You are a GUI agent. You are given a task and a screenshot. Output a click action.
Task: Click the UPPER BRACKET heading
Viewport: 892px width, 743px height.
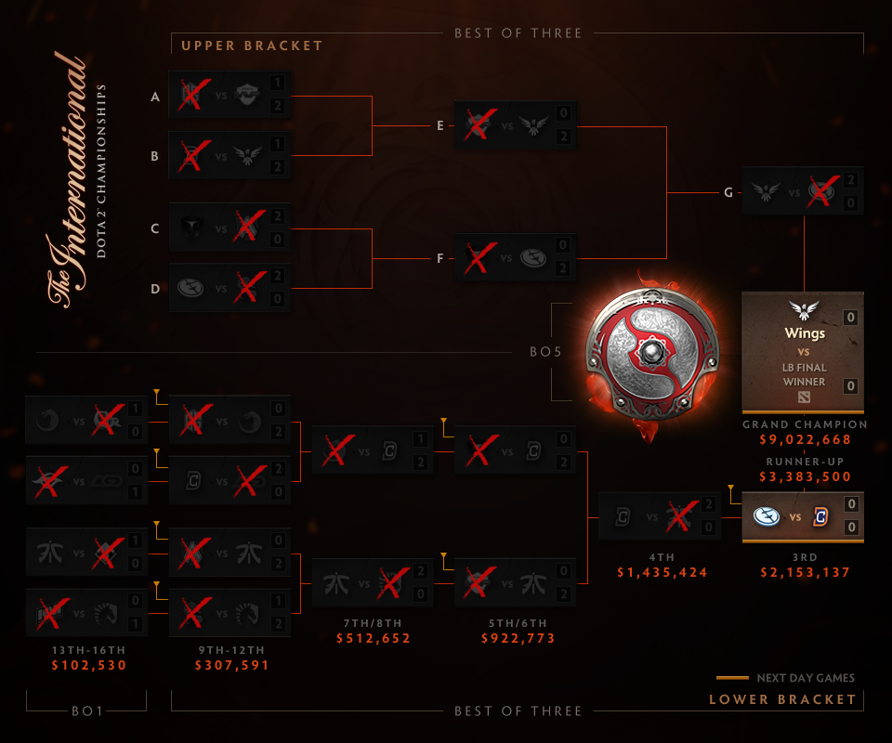252,46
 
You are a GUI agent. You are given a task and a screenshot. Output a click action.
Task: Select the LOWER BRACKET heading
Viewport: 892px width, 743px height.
782,699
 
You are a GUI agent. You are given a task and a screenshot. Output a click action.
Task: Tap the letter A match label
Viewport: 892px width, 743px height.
155,96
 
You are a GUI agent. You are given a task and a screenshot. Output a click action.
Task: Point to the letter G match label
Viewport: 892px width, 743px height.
728,192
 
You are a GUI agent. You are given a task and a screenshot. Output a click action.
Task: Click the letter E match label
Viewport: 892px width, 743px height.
439,125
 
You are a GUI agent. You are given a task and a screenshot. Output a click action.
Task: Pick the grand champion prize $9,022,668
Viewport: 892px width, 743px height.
803,441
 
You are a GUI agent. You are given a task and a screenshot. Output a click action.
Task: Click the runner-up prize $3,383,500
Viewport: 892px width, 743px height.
803,477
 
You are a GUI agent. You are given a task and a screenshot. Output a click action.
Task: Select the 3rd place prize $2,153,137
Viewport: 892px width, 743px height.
803,572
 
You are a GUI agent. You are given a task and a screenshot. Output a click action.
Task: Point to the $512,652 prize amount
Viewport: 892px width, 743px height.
374,638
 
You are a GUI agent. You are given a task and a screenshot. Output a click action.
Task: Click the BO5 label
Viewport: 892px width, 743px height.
533,353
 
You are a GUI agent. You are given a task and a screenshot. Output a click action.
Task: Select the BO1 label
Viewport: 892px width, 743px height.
86,710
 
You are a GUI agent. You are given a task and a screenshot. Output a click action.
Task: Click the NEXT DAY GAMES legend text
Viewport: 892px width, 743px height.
806,678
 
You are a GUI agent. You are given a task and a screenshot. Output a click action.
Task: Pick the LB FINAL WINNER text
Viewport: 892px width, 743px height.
803,373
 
